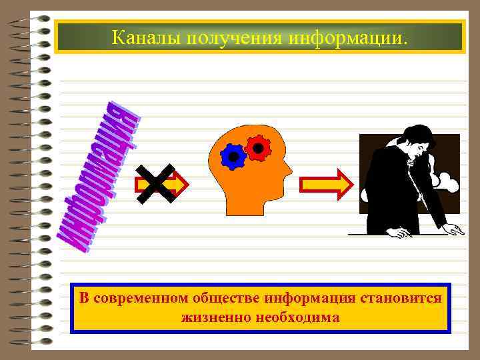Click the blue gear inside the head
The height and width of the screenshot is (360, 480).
233,155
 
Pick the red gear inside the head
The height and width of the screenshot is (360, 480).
257,145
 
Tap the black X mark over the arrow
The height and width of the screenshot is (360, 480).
155,183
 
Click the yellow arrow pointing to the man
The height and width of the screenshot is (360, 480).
325,185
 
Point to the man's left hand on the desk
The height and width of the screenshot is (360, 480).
401,233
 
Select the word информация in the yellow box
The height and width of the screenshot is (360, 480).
306,298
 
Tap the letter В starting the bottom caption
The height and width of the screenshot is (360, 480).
83,298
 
